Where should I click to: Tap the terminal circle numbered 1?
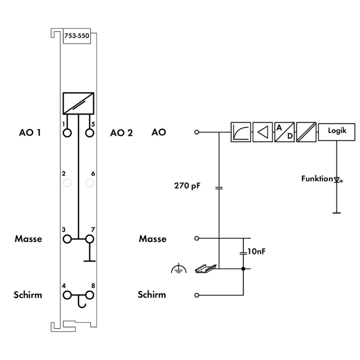(x=67, y=132)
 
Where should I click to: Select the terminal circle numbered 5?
(x=89, y=132)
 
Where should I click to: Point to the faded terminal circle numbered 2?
(x=67, y=182)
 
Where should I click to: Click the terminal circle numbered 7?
(x=89, y=239)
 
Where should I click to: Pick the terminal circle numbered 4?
(x=67, y=295)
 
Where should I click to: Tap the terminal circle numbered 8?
(x=89, y=295)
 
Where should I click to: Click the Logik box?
(x=336, y=131)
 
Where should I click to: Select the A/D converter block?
(x=284, y=132)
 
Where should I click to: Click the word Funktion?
(x=317, y=179)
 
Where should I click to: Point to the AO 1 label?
(x=30, y=132)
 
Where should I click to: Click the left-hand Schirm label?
(x=27, y=295)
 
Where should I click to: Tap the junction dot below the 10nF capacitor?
(x=243, y=268)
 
